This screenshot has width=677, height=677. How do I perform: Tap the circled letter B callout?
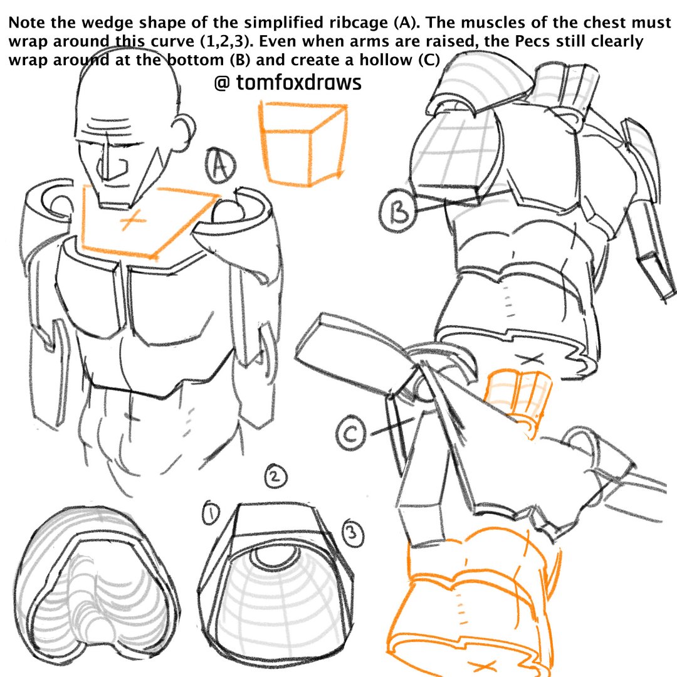398,211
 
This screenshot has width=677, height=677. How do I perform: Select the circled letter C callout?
350,433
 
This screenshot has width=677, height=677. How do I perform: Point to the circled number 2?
275,476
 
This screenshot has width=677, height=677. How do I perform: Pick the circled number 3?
352,533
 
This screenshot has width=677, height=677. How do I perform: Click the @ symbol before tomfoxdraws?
222,83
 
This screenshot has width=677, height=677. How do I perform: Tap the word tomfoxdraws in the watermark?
298,82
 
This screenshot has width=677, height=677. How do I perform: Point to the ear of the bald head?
186,130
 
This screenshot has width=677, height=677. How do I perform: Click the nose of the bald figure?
113,169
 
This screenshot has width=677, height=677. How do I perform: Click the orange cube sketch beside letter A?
303,144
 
